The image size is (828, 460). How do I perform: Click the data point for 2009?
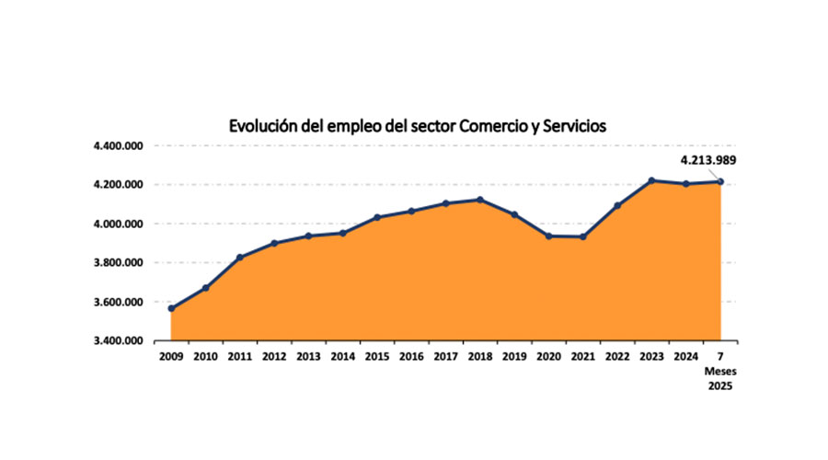click(171, 308)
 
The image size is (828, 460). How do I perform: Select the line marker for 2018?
click(479, 200)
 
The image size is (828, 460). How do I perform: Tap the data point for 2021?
click(582, 236)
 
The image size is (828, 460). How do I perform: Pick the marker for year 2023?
click(651, 180)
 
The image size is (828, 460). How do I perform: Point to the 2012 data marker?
click(274, 243)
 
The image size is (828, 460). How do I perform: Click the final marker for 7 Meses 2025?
click(720, 181)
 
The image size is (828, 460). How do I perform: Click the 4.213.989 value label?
click(707, 160)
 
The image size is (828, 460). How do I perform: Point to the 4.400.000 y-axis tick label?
click(118, 146)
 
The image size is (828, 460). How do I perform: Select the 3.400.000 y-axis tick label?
click(118, 341)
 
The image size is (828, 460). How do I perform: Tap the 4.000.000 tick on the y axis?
click(118, 224)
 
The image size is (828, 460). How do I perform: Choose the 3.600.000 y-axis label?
click(118, 303)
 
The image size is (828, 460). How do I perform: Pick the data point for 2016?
click(411, 211)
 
